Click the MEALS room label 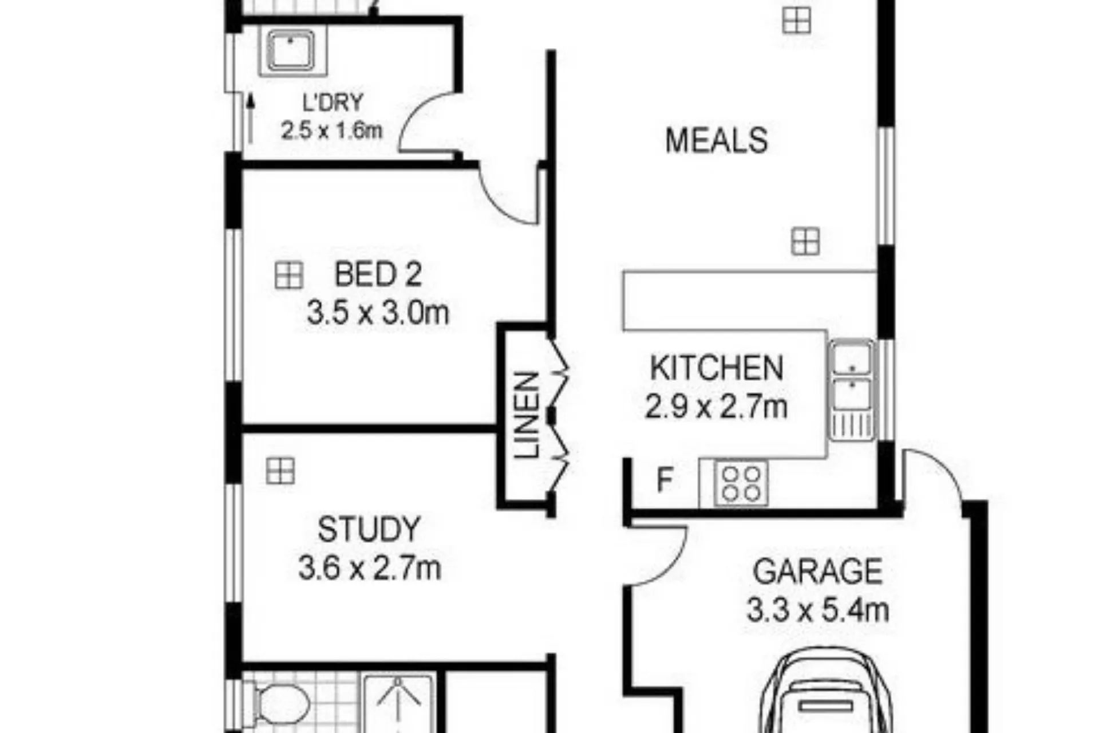716,140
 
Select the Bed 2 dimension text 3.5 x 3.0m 378,313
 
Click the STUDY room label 369,530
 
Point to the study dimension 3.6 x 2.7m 370,569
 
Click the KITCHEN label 717,368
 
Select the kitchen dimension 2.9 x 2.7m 716,407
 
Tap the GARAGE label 817,572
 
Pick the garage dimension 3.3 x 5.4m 817,610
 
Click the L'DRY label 333,103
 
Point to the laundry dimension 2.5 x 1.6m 331,131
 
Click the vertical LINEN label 527,415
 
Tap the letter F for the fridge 664,480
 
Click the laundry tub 291,52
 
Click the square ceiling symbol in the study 280,471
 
